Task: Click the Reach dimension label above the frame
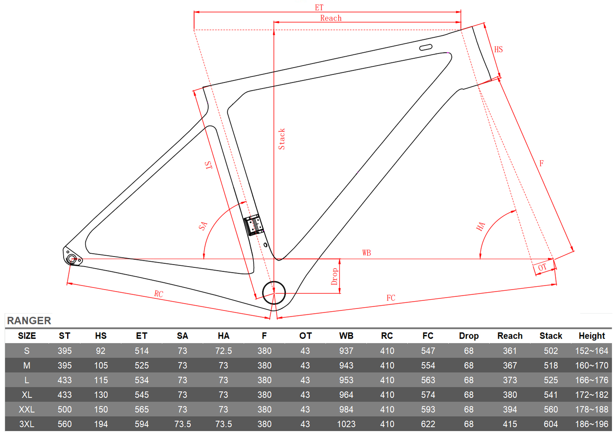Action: click(x=331, y=18)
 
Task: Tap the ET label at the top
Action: click(x=319, y=7)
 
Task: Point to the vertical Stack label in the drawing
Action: click(x=282, y=139)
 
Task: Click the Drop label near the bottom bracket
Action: click(x=334, y=276)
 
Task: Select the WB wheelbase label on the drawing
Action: click(x=367, y=253)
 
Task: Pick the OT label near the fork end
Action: click(x=542, y=267)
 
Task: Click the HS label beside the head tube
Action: click(x=498, y=49)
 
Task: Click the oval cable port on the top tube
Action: click(x=425, y=47)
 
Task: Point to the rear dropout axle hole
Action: click(x=71, y=258)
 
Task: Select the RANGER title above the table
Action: click(x=29, y=321)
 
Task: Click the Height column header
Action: click(x=592, y=336)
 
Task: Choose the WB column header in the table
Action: click(x=346, y=336)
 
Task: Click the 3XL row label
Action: click(x=27, y=424)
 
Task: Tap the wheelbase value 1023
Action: click(x=346, y=424)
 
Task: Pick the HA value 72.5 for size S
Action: click(x=223, y=351)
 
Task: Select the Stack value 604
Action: click(x=551, y=424)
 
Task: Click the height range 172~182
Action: click(x=592, y=395)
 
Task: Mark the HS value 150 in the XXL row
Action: click(x=101, y=409)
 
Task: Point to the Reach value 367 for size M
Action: click(x=510, y=366)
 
